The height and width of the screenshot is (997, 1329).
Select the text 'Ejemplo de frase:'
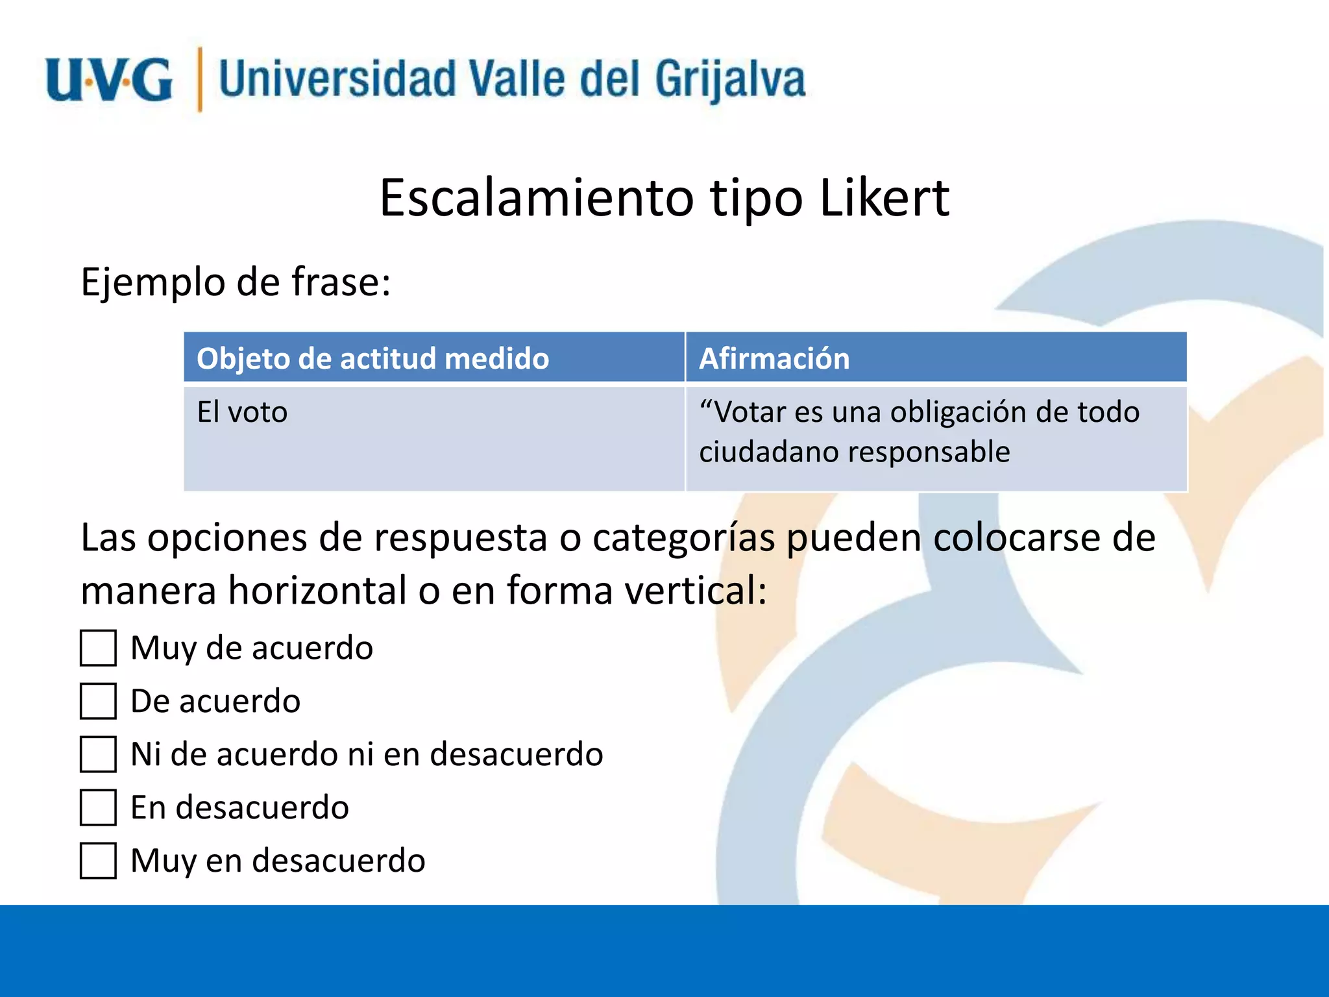[x=236, y=282]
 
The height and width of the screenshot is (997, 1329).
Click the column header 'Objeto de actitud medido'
[x=372, y=358]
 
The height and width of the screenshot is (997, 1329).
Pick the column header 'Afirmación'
[x=774, y=358]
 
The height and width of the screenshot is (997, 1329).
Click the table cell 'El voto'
[x=242, y=412]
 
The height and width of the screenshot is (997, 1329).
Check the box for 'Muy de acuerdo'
[x=98, y=648]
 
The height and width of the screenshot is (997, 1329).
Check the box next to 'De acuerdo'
[x=98, y=701]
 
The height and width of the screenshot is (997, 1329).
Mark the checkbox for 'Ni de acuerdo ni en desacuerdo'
[x=98, y=754]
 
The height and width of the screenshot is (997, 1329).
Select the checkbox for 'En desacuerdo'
[x=98, y=807]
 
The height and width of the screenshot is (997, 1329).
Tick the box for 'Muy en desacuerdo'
[x=98, y=861]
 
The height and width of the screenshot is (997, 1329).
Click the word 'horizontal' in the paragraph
[x=317, y=591]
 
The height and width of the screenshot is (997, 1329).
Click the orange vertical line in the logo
[x=200, y=79]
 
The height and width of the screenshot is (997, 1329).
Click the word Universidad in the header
[x=337, y=79]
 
